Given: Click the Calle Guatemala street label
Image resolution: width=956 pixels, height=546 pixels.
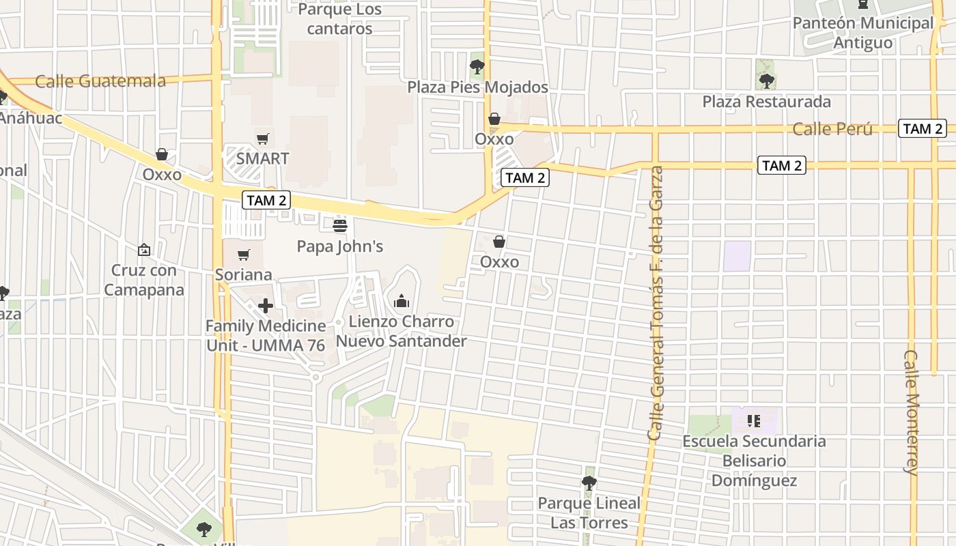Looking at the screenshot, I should [100, 81].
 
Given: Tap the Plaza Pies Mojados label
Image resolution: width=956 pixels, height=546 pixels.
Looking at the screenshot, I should [478, 87].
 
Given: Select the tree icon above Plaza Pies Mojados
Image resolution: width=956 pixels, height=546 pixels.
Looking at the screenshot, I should [477, 67].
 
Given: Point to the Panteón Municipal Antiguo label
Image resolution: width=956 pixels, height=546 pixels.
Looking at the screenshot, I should [863, 33].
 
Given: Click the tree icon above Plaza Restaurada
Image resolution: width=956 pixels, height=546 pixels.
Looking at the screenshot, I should [767, 81].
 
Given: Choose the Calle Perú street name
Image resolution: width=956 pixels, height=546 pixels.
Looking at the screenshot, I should [832, 129].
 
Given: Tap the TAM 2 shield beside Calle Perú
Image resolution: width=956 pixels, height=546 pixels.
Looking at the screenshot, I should [923, 128].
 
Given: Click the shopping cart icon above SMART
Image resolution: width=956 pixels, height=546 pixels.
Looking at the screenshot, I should [263, 139].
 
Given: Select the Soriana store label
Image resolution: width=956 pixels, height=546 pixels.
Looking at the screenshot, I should [244, 274].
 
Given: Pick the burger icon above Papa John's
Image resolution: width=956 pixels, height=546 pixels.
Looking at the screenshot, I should [340, 225].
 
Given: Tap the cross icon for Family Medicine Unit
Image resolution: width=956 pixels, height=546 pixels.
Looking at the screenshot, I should [266, 306].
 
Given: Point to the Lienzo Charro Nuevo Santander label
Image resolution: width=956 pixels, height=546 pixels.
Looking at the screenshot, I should [401, 331].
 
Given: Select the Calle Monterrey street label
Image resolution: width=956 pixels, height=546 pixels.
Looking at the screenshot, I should [912, 412].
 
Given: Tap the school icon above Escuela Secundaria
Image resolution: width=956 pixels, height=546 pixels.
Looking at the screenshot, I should [754, 420].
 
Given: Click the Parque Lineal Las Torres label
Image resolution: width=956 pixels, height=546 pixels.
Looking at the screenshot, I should [589, 513].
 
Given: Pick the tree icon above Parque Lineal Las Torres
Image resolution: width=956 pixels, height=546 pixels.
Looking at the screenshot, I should [589, 483].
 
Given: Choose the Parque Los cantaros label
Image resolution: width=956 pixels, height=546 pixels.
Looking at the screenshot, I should [339, 19].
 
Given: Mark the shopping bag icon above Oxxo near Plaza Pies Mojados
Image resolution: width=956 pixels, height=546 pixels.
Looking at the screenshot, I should [494, 119].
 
